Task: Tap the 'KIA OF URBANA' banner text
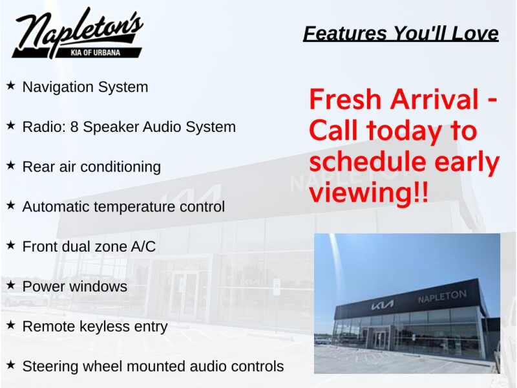tap(95, 52)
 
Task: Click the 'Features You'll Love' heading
tap(401, 34)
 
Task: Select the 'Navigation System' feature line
tap(85, 87)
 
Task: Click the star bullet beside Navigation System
tap(10, 86)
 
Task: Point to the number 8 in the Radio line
tap(74, 127)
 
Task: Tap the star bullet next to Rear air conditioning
tap(10, 166)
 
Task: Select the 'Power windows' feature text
tap(75, 286)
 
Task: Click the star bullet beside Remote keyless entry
tap(10, 325)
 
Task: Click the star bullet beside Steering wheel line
tap(10, 365)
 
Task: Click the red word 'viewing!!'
tap(369, 193)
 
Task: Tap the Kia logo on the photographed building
tap(382, 305)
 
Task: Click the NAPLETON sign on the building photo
tap(443, 296)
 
